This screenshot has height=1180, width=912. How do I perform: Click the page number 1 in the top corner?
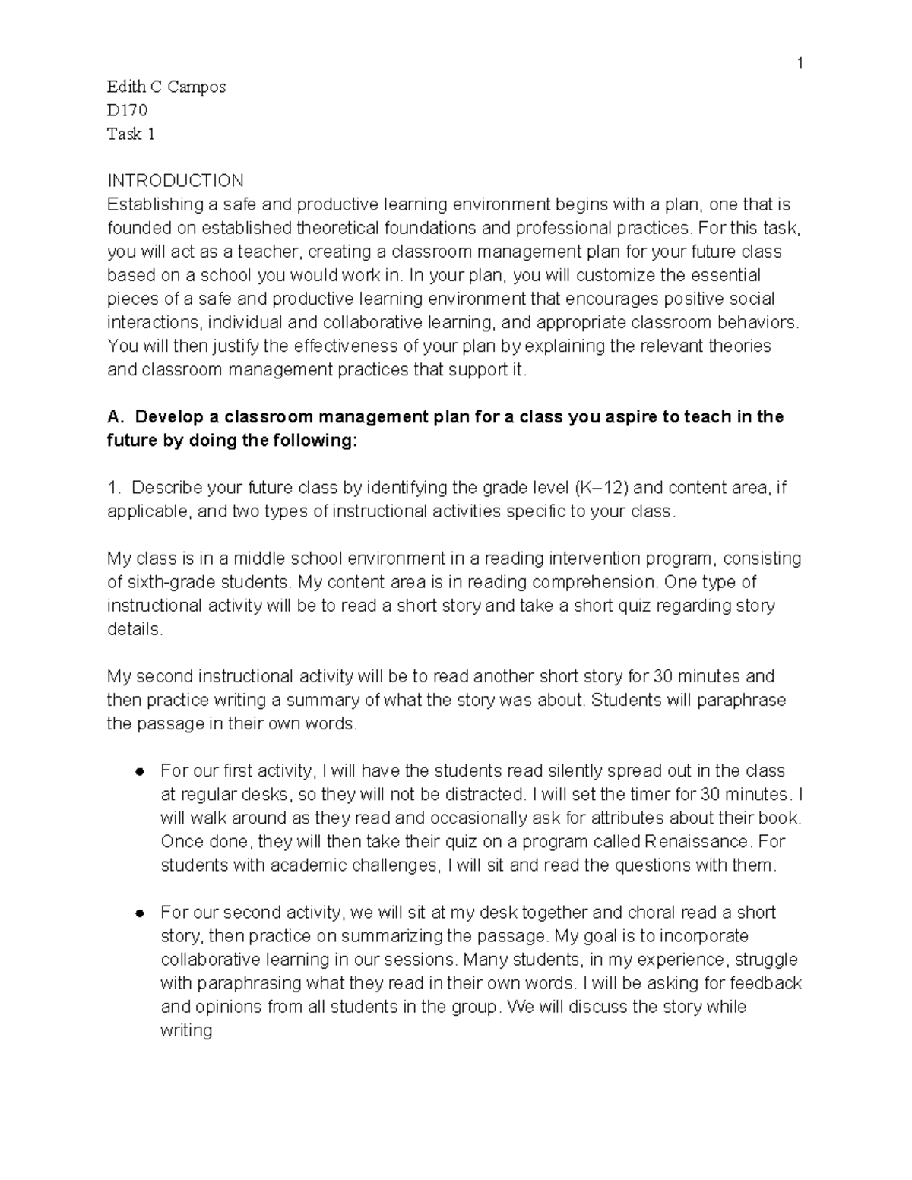[x=800, y=63]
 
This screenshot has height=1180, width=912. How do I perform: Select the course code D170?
[x=127, y=111]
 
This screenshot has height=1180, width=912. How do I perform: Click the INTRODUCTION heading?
[x=176, y=181]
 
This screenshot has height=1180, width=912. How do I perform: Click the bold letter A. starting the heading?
[x=115, y=417]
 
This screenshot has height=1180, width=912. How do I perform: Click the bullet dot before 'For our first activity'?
[x=139, y=771]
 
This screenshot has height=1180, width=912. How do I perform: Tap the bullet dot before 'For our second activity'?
[x=139, y=913]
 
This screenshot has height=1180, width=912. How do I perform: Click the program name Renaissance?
[x=695, y=842]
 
